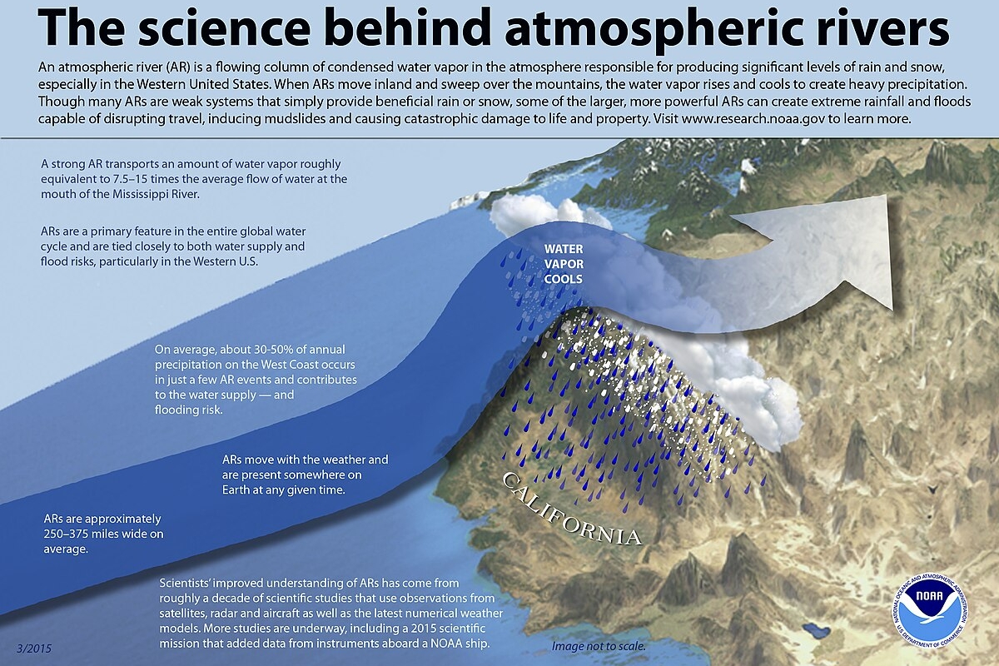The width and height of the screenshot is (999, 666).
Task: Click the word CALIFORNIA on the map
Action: (572, 509)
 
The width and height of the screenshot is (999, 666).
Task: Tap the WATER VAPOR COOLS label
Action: (564, 264)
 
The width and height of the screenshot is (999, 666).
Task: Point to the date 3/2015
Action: (34, 649)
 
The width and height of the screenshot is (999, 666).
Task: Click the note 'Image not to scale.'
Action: (599, 646)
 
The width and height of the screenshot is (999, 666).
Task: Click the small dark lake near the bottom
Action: (817, 630)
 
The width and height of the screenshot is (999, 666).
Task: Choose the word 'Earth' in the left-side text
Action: (236, 490)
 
